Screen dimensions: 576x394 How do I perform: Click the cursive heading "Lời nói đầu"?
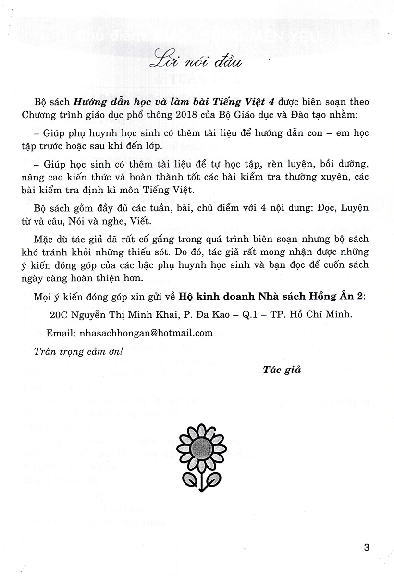(197, 62)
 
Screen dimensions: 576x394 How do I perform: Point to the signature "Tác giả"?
(282, 369)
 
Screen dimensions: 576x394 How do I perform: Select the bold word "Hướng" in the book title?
(87, 102)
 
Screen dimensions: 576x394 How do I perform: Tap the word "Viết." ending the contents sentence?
(142, 222)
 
